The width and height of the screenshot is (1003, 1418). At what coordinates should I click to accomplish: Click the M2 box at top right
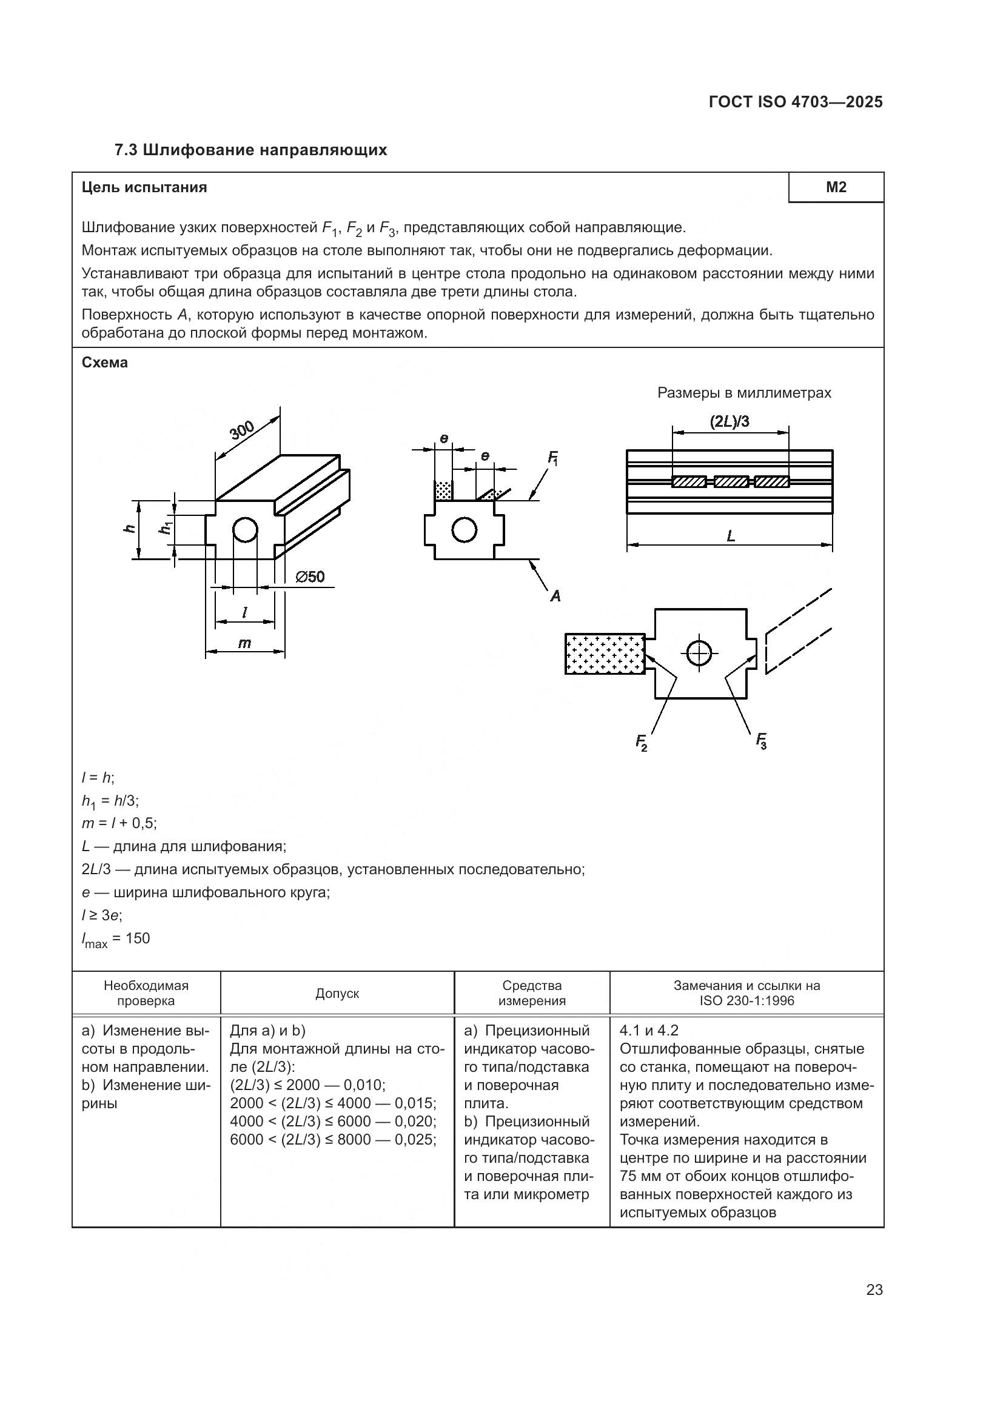(836, 187)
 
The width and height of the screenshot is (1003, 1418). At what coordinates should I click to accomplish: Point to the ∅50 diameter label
(310, 577)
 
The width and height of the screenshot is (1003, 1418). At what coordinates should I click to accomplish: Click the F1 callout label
(553, 458)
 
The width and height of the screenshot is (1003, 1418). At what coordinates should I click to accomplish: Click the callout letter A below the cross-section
(555, 595)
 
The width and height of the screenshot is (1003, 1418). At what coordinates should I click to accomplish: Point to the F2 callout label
(642, 741)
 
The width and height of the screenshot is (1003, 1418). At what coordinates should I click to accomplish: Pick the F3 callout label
(762, 740)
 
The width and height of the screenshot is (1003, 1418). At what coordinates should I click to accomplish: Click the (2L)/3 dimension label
(730, 422)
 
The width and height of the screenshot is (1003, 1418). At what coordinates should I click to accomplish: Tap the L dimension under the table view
(731, 536)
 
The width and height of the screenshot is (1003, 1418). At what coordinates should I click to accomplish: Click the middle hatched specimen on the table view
(731, 482)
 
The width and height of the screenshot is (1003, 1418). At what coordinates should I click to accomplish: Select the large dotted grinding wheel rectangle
(605, 654)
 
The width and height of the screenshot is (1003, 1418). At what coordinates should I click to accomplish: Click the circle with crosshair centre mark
(699, 652)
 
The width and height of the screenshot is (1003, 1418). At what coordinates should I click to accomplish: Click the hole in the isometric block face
(245, 529)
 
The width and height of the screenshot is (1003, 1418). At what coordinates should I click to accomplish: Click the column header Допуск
(337, 993)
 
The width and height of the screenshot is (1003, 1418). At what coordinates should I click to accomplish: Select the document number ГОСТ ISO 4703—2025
(796, 102)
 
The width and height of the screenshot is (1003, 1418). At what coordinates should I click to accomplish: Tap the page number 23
(874, 1289)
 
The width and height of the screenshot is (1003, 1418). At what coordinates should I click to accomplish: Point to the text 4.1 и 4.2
(648, 1030)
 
